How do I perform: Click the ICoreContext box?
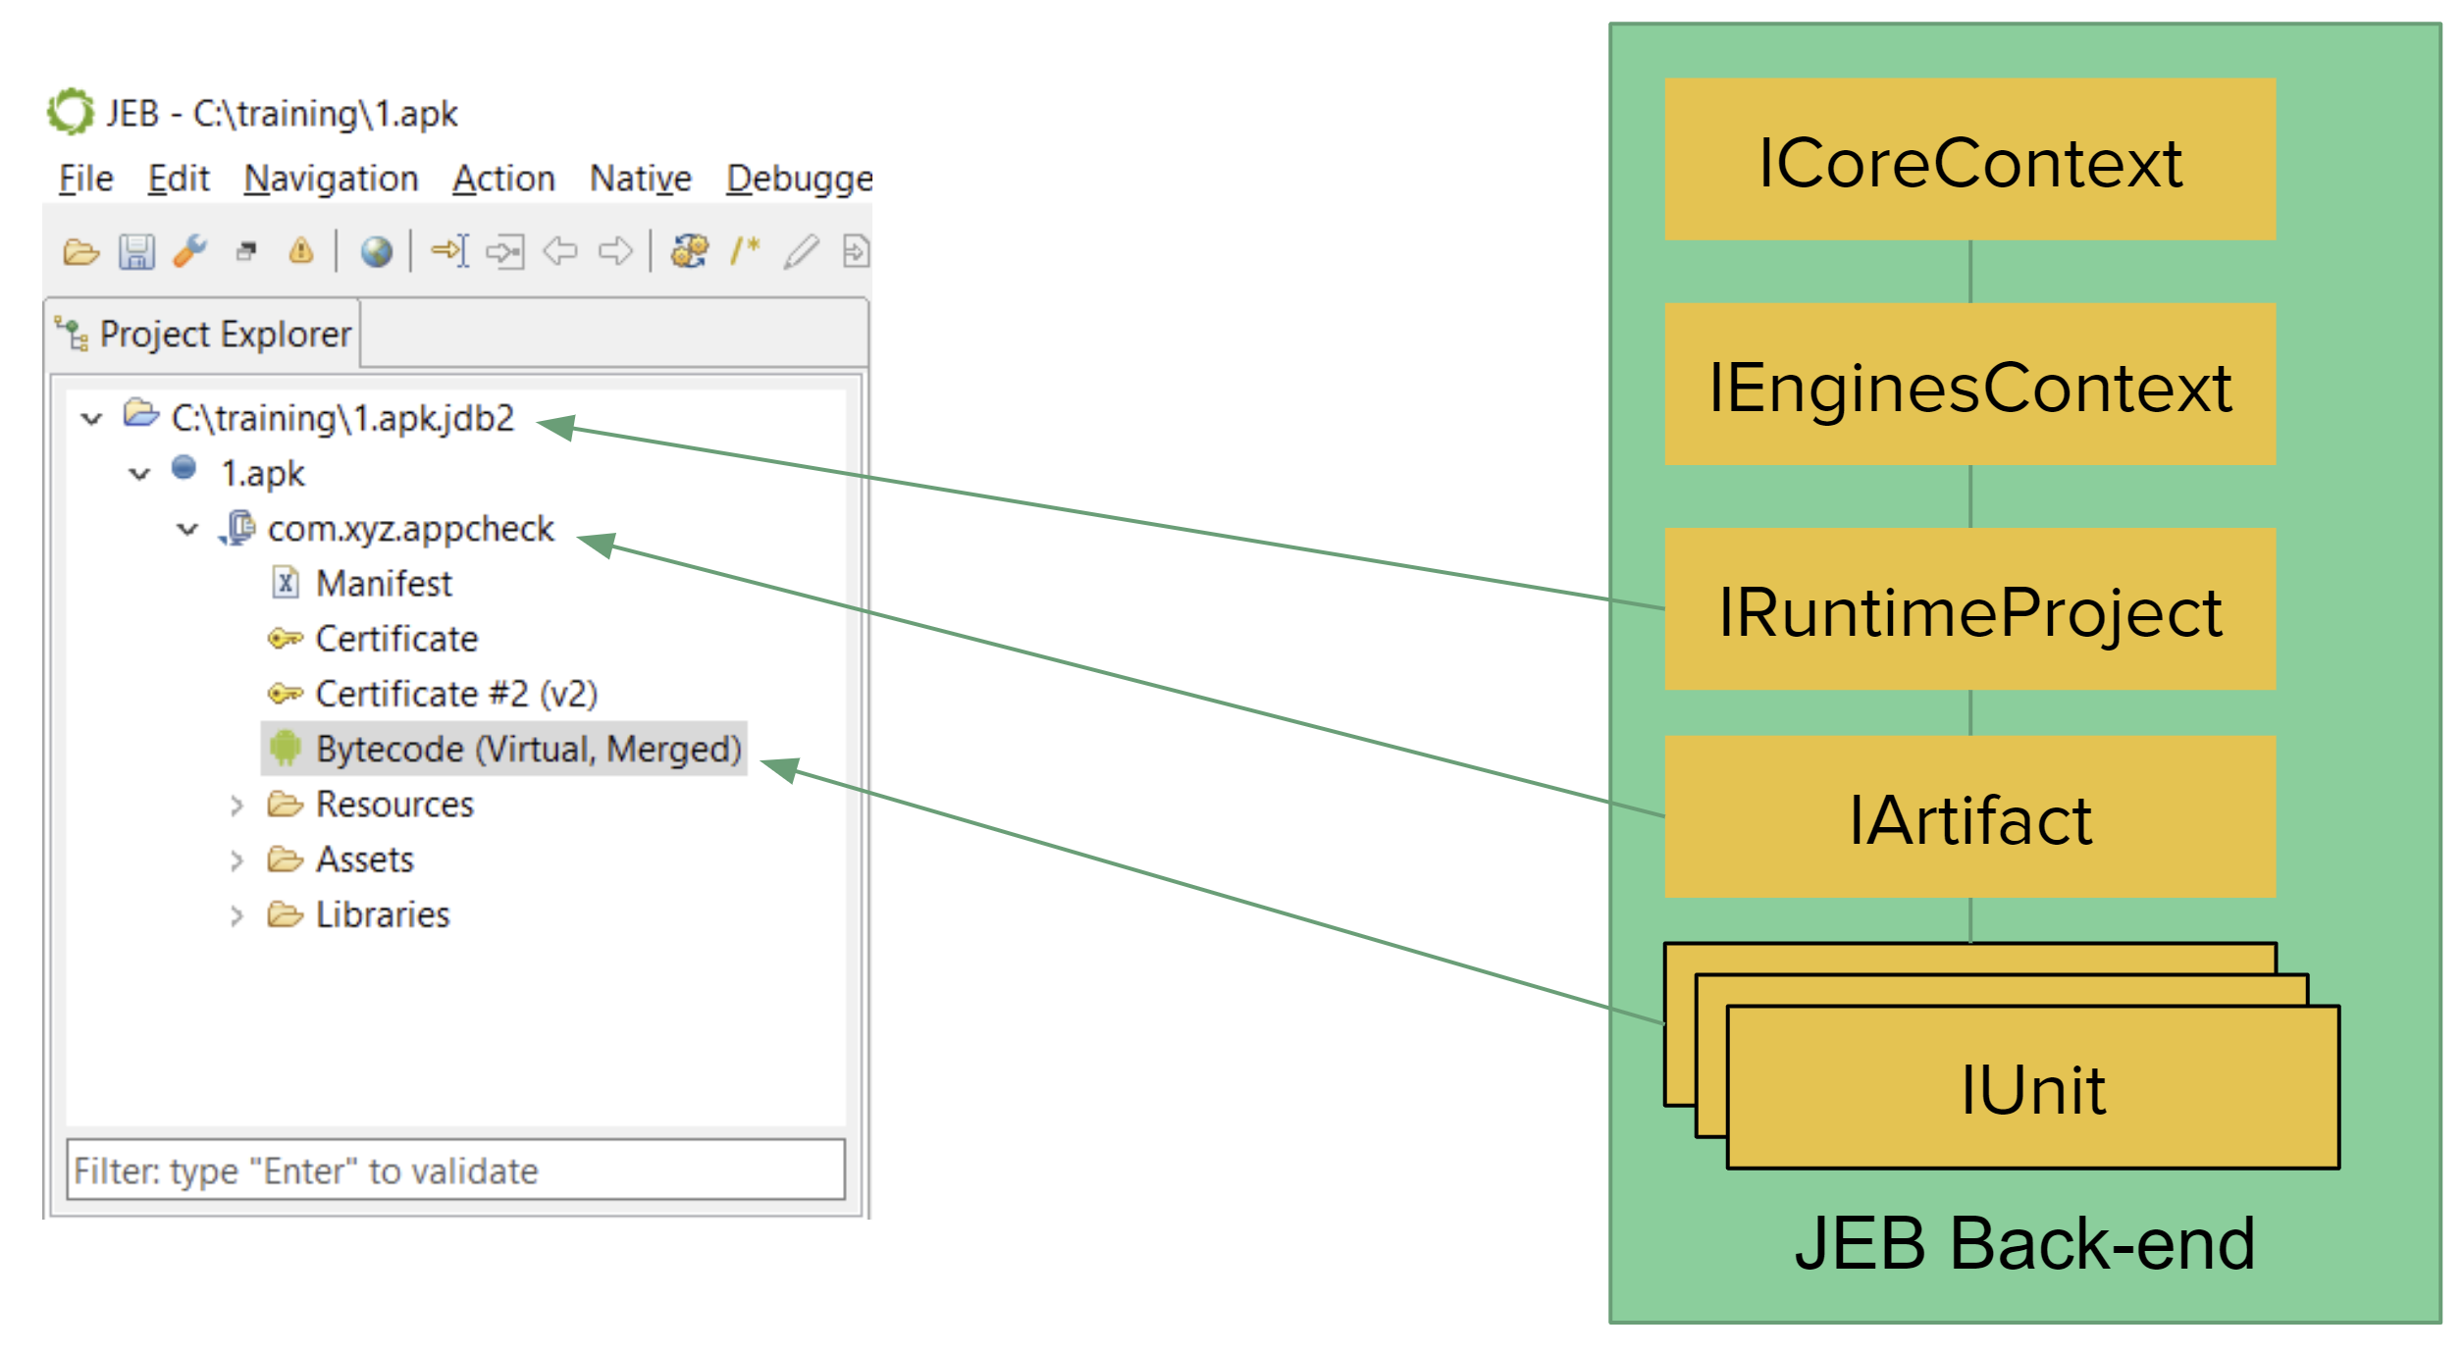coord(1969,159)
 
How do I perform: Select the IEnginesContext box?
coord(1969,384)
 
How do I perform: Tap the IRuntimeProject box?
coord(1969,608)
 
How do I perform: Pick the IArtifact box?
coord(1969,816)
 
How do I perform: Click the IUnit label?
coord(2032,1090)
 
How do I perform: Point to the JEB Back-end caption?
coord(2024,1243)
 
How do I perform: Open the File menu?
coord(86,179)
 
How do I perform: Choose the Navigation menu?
coord(331,179)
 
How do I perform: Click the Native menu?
coord(640,179)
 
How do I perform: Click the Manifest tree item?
coord(384,584)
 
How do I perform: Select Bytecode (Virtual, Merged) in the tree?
coord(528,749)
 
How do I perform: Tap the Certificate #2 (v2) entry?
coord(456,694)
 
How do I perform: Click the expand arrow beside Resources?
coord(236,806)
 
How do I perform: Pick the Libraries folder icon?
coord(286,914)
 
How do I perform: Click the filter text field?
coord(455,1169)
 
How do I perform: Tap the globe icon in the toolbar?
coord(376,252)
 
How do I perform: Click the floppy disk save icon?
coord(136,252)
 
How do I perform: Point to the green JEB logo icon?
coord(71,111)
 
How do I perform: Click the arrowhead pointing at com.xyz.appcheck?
coord(597,543)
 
